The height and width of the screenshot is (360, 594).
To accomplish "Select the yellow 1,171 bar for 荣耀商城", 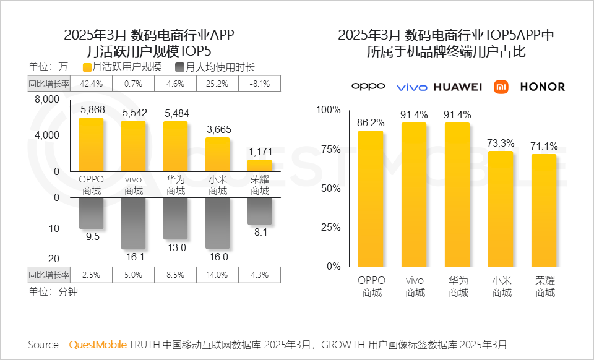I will click(x=259, y=165).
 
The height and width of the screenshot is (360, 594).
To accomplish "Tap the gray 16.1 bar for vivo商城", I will click(x=133, y=223).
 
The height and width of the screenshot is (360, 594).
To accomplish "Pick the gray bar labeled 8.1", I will click(x=259, y=211).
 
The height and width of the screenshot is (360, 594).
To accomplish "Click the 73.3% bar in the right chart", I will click(x=501, y=208).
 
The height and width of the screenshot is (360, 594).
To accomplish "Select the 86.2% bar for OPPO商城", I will click(x=370, y=198).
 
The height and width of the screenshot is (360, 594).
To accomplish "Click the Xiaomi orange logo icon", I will click(x=501, y=87).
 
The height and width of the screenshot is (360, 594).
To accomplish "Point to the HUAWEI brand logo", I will click(x=457, y=87).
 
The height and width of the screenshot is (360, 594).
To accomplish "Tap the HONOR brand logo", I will click(x=543, y=87).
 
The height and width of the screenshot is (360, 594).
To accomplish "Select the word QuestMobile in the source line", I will click(x=98, y=344).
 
